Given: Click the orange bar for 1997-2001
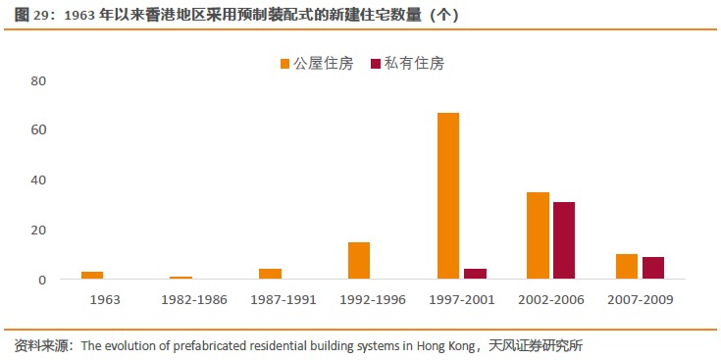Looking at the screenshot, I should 448,196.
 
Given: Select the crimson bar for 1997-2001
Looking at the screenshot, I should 475,275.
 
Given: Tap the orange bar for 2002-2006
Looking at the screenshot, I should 538,235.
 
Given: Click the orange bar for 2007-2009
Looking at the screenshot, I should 626,267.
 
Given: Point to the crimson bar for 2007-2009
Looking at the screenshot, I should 653,268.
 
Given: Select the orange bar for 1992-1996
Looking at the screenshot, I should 359,261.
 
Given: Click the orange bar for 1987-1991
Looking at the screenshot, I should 270,274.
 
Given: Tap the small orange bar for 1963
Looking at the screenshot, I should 92,276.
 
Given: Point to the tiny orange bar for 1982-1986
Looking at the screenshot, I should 180,278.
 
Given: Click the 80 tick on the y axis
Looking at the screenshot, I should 38,80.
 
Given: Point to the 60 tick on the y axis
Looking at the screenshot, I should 38,129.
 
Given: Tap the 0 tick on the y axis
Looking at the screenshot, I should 42,280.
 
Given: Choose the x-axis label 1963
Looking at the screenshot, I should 104,298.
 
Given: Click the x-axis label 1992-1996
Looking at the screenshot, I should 372,298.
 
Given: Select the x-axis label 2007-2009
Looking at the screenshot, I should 640,298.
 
